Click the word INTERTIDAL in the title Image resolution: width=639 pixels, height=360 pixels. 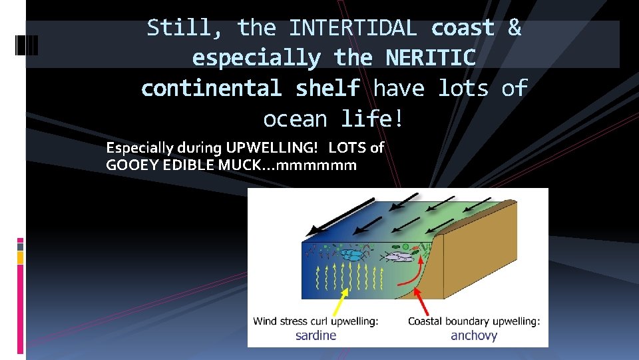(x=353, y=28)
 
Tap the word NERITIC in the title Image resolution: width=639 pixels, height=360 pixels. (x=430, y=58)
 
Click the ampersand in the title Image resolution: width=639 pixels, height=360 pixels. (x=514, y=28)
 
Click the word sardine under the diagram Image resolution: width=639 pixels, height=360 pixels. (x=316, y=335)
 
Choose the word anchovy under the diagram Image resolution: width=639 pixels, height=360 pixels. (x=474, y=335)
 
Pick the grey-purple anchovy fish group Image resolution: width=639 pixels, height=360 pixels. (x=398, y=255)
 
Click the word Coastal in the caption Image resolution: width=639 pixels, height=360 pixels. (x=427, y=321)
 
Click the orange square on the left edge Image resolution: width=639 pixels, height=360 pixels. (x=20, y=257)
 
